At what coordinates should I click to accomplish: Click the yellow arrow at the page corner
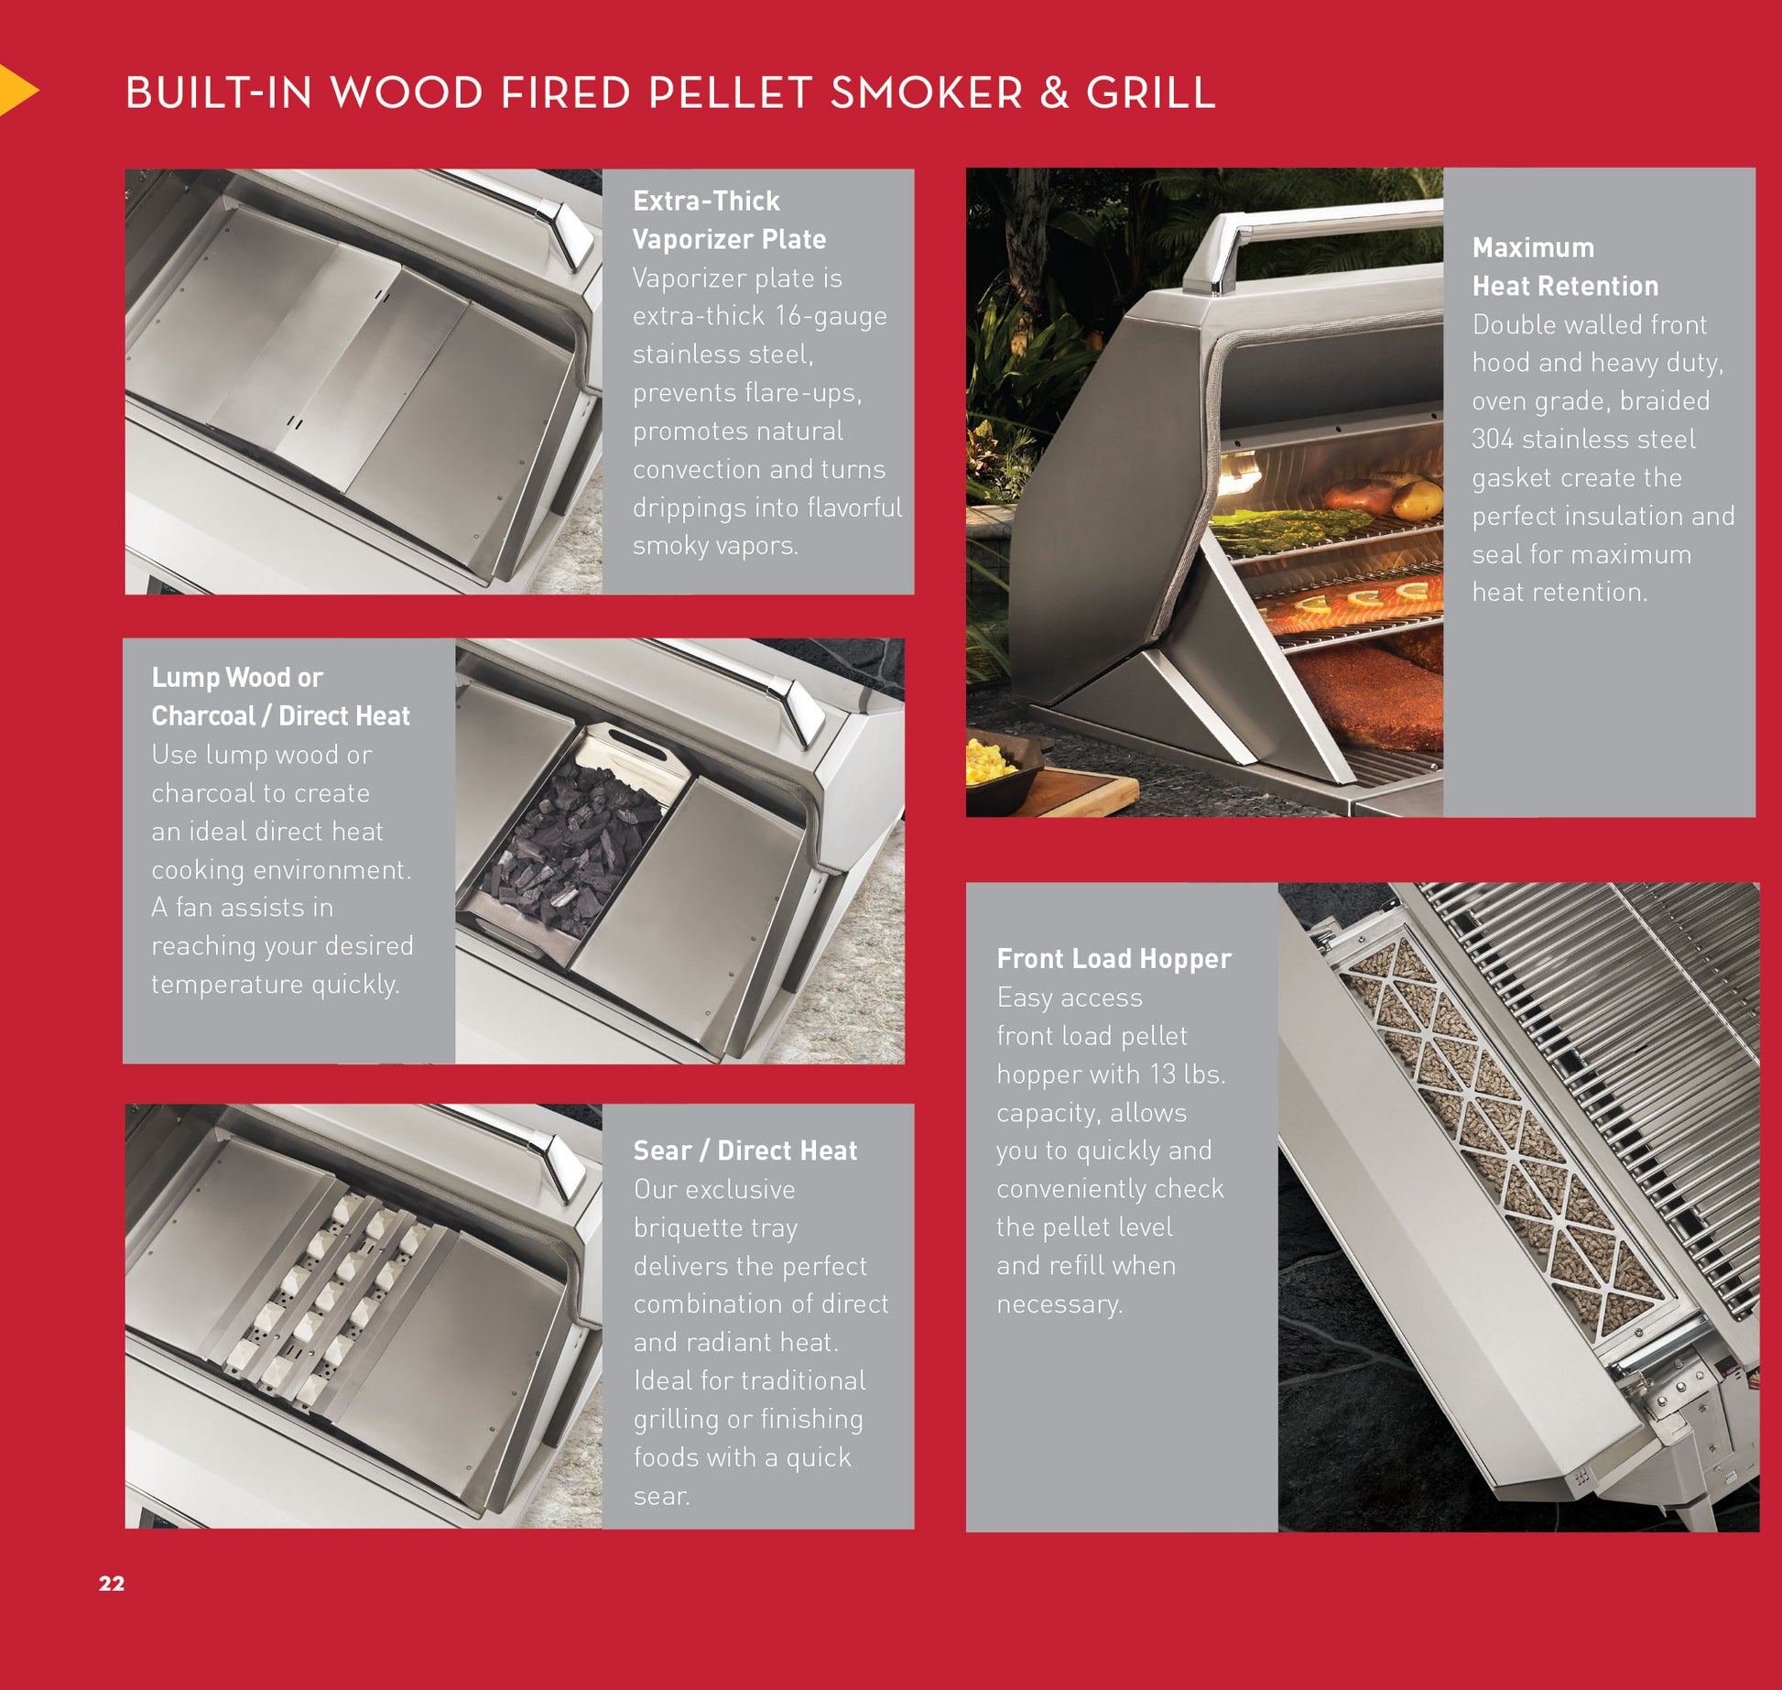point(16,90)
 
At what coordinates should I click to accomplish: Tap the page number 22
point(112,1584)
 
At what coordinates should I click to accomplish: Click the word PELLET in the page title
point(729,93)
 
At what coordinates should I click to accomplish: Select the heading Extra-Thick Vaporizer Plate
point(730,220)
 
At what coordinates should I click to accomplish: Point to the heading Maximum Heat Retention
point(1565,267)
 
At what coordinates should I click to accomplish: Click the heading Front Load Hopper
point(1114,958)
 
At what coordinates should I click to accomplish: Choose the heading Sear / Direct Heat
point(745,1150)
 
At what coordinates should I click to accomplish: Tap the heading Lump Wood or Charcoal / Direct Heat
point(280,696)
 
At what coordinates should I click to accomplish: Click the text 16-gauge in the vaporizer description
point(831,316)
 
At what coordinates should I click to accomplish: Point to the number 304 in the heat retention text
point(1493,439)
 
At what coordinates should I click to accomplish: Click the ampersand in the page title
point(1054,93)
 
